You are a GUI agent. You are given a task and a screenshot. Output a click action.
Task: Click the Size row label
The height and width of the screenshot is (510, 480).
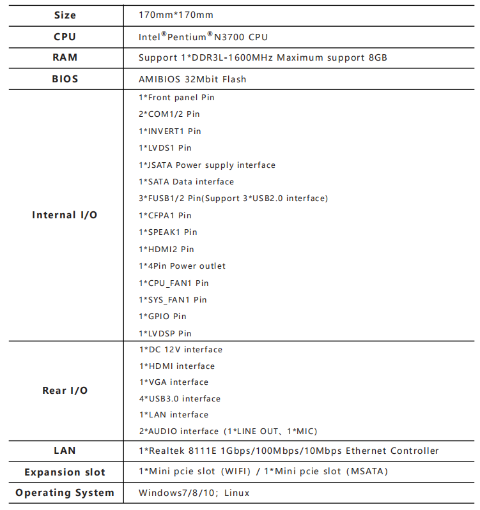tap(65, 15)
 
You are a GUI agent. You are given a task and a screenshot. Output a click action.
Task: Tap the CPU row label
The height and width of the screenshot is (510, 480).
tap(65, 37)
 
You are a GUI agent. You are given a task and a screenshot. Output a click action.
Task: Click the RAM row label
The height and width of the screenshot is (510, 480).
tap(65, 57)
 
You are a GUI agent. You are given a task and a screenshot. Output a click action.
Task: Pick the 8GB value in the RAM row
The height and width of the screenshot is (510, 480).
tap(378, 57)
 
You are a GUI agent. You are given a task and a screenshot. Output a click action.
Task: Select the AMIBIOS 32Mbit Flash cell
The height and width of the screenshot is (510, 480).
tap(192, 79)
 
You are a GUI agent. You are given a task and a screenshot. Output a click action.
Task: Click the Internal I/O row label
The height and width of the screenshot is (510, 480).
tap(65, 215)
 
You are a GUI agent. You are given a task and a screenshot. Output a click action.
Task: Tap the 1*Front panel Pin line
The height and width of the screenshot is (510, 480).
tap(176, 97)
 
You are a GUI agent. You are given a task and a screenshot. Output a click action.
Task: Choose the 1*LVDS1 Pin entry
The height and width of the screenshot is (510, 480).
tap(165, 148)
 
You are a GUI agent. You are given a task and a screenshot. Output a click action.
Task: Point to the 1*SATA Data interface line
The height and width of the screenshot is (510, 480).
tap(186, 182)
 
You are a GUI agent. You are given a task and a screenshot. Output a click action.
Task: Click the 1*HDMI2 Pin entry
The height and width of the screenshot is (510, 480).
tap(166, 249)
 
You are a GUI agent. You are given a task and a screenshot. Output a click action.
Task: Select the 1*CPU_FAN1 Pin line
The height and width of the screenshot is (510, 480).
tap(173, 283)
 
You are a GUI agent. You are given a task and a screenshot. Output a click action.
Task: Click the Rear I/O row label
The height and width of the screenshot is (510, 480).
tap(65, 391)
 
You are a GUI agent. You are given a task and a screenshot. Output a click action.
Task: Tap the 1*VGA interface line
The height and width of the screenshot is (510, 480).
tap(173, 382)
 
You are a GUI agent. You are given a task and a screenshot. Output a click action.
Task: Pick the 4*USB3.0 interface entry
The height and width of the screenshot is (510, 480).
tap(180, 399)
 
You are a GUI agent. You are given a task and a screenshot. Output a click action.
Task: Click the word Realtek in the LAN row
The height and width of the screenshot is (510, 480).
tap(167, 451)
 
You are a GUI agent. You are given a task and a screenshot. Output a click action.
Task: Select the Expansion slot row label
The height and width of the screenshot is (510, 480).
tap(65, 472)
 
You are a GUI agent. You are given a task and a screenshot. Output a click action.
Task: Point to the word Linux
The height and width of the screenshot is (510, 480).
tap(236, 493)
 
